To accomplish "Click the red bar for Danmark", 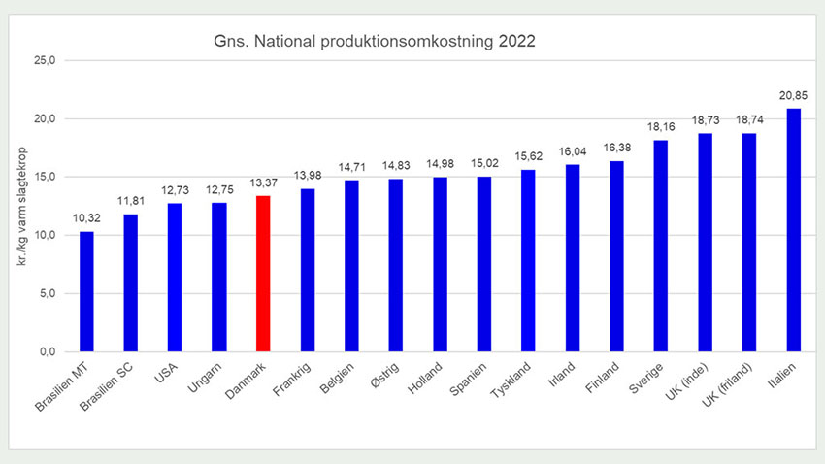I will [262, 273].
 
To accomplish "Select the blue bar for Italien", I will [793, 229].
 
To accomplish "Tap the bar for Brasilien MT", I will [86, 291].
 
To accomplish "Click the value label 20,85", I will [792, 96].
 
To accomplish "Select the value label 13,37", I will [262, 183].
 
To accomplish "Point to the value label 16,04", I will [572, 152].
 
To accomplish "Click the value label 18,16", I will [660, 127].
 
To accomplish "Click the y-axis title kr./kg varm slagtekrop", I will [19, 206].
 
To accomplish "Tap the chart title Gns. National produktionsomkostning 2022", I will [374, 43].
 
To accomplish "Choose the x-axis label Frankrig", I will [295, 379].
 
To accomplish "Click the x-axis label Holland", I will [429, 377].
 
